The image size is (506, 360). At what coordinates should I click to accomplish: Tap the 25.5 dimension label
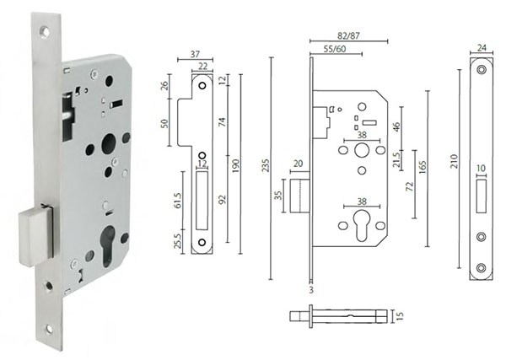click(178, 240)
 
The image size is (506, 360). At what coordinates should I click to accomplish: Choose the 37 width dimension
click(194, 54)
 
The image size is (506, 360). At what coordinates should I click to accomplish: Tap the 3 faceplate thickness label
click(312, 290)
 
